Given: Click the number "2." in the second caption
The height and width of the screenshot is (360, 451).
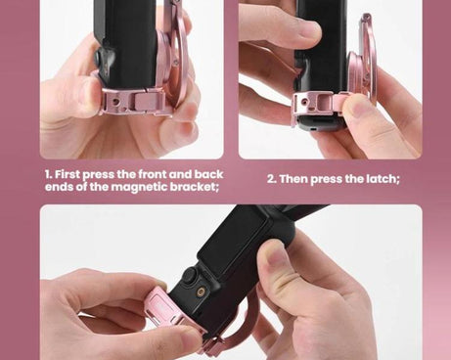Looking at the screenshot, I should pyautogui.click(x=272, y=179).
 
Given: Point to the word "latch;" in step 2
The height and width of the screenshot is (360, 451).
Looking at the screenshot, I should pyautogui.click(x=380, y=179).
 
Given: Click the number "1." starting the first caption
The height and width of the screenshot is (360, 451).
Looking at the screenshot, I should pyautogui.click(x=50, y=175).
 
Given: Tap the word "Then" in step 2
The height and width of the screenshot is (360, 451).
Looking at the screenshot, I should pyautogui.click(x=296, y=179).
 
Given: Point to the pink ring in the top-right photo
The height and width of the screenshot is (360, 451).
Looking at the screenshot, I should pyautogui.click(x=366, y=59).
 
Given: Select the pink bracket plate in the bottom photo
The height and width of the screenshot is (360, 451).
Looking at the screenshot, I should pyautogui.click(x=166, y=313).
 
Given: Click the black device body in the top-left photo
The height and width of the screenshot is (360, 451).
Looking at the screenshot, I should pyautogui.click(x=127, y=39).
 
